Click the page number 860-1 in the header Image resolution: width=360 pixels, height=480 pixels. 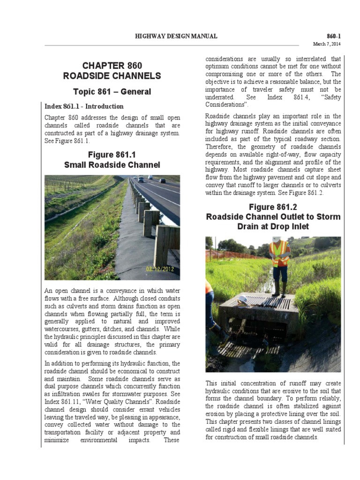pos(334,36)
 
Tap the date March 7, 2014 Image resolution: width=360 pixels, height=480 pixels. pos(327,44)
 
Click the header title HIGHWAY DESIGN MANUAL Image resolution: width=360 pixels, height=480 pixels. pos(176,36)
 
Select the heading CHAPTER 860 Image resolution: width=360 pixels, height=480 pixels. pos(112,66)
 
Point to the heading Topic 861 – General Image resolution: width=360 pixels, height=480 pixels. pos(112,91)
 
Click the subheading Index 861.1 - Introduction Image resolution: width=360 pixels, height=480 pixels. pos(84,106)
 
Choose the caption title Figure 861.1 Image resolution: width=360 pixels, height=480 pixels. pos(112,155)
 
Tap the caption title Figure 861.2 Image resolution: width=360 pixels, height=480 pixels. pos(273,207)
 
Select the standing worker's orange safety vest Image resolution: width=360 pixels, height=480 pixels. pos(280,253)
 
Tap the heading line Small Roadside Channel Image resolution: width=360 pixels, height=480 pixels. pos(112,165)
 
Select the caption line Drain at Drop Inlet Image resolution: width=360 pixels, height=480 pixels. pos(273,227)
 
